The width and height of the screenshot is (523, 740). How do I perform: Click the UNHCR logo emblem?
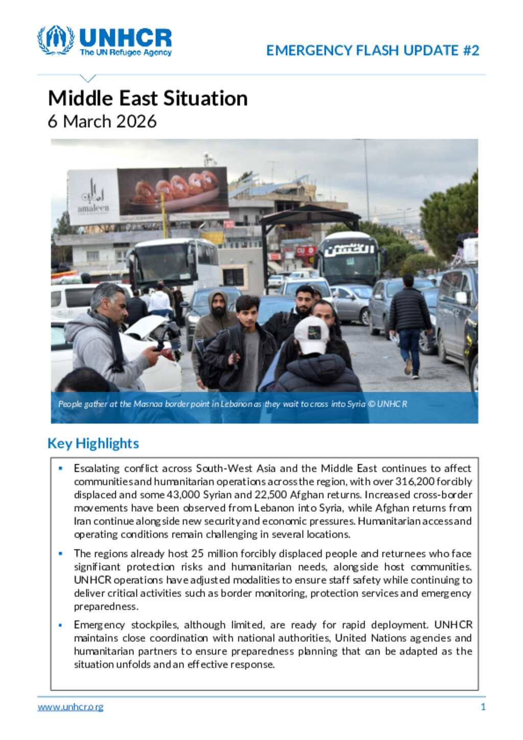[55, 40]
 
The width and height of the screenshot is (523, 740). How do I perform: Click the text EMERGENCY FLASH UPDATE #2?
[372, 51]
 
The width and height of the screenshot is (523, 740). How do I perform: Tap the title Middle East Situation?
[148, 98]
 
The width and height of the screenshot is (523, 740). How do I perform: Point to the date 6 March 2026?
[102, 122]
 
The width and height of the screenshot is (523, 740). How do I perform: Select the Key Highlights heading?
[93, 443]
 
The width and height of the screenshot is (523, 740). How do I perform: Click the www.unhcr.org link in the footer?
[70, 707]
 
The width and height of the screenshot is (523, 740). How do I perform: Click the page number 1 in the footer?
[483, 707]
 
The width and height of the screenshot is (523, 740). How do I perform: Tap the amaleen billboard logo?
[93, 197]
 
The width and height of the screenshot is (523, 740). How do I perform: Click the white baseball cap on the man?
[312, 334]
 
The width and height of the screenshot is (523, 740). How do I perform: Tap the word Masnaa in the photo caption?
[148, 404]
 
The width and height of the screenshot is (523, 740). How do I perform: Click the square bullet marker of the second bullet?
[61, 554]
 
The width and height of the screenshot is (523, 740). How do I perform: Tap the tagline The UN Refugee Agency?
[126, 53]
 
